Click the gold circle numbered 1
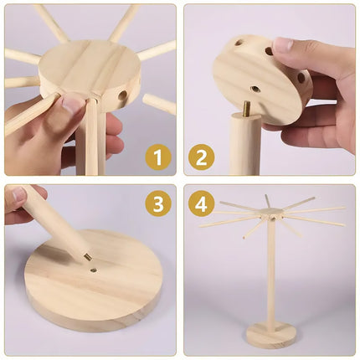tap(157, 157)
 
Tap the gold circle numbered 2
tap(201, 157)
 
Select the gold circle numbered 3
tap(157, 203)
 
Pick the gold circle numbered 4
tap(201, 203)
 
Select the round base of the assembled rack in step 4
tap(272, 335)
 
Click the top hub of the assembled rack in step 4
tap(270, 215)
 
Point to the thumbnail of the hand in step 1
tap(72, 104)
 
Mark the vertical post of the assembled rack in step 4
tap(271, 276)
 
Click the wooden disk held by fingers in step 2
tap(255, 80)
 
